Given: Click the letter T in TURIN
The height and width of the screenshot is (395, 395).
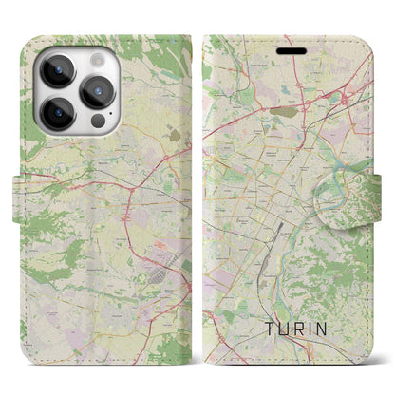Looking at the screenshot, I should coord(266,331).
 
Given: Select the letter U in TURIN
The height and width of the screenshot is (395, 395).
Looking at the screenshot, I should coord(285,331).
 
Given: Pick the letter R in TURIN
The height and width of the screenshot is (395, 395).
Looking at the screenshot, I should coord(304,331).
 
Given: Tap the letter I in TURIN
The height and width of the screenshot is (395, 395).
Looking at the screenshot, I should coord(319,331).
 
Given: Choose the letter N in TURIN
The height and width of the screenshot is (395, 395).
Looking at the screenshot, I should coord(335,331).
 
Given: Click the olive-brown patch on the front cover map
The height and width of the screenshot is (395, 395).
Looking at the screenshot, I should coord(284,110).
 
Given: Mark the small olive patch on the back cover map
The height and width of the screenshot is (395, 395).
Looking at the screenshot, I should coord(173,136).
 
